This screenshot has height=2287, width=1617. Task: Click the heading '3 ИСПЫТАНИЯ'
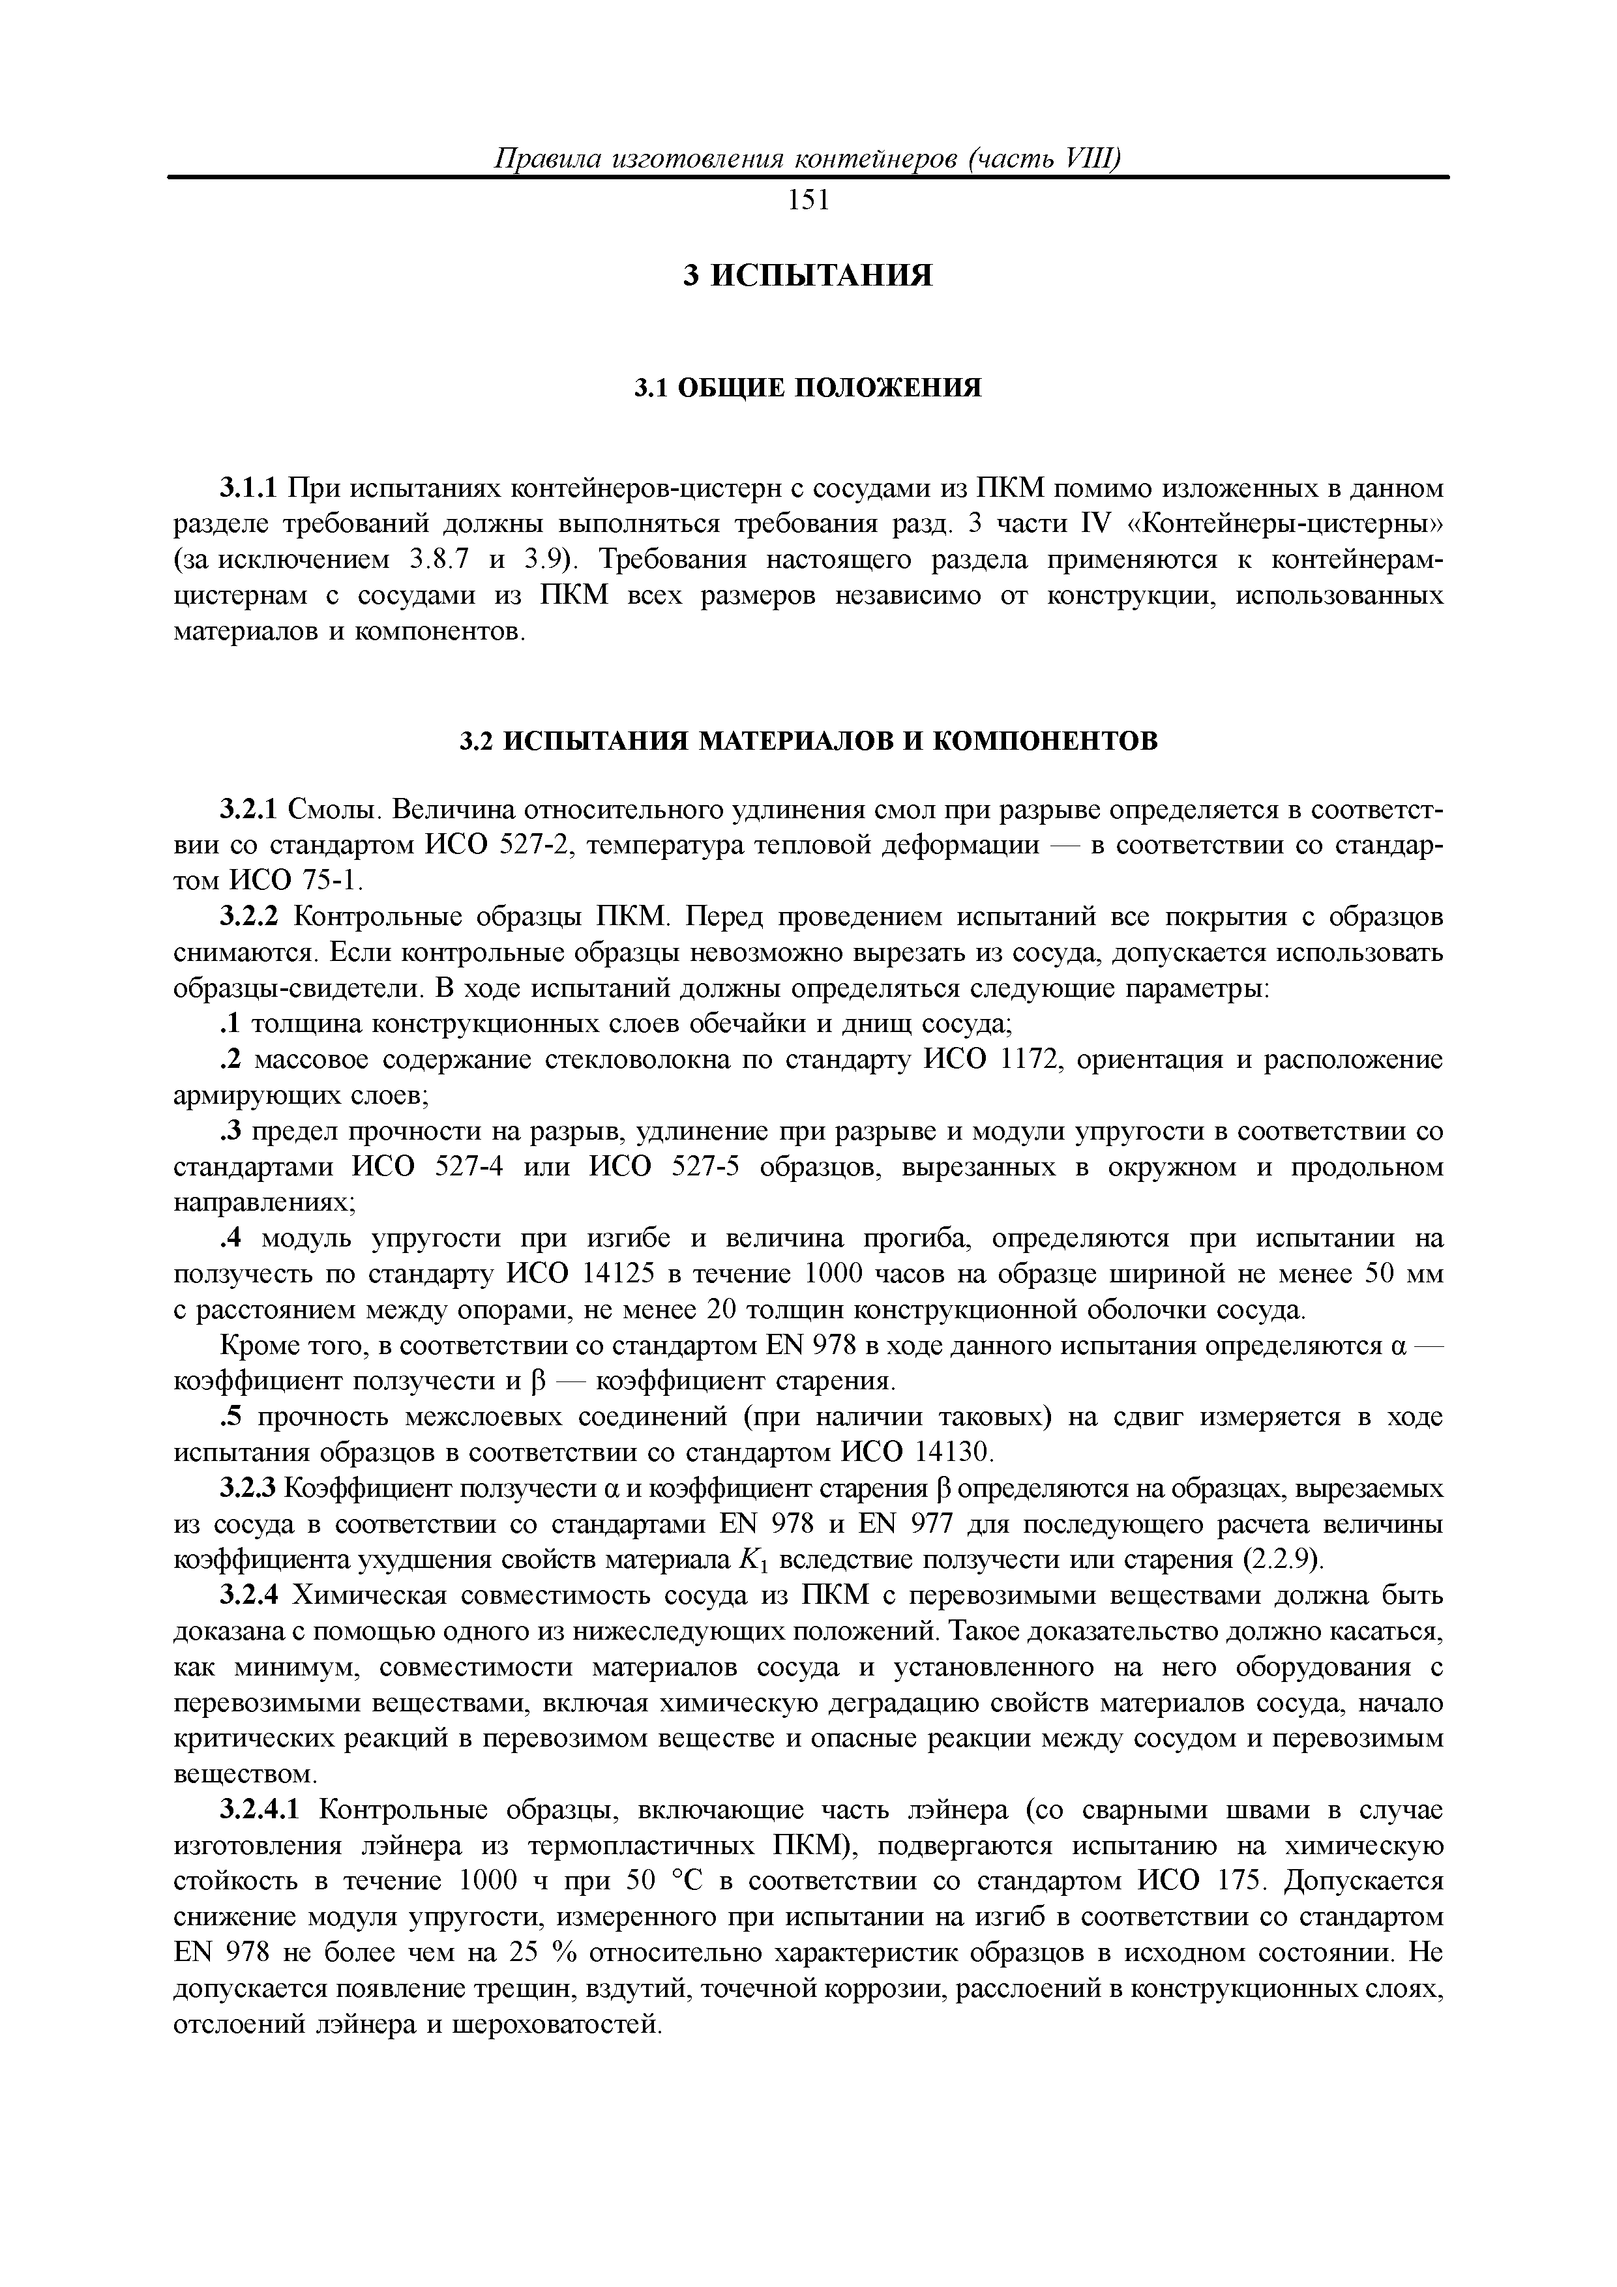(x=808, y=275)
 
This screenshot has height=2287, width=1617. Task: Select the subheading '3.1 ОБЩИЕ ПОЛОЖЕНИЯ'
(x=808, y=387)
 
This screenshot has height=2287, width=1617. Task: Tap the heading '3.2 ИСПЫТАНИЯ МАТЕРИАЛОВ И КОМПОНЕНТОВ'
(x=808, y=741)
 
